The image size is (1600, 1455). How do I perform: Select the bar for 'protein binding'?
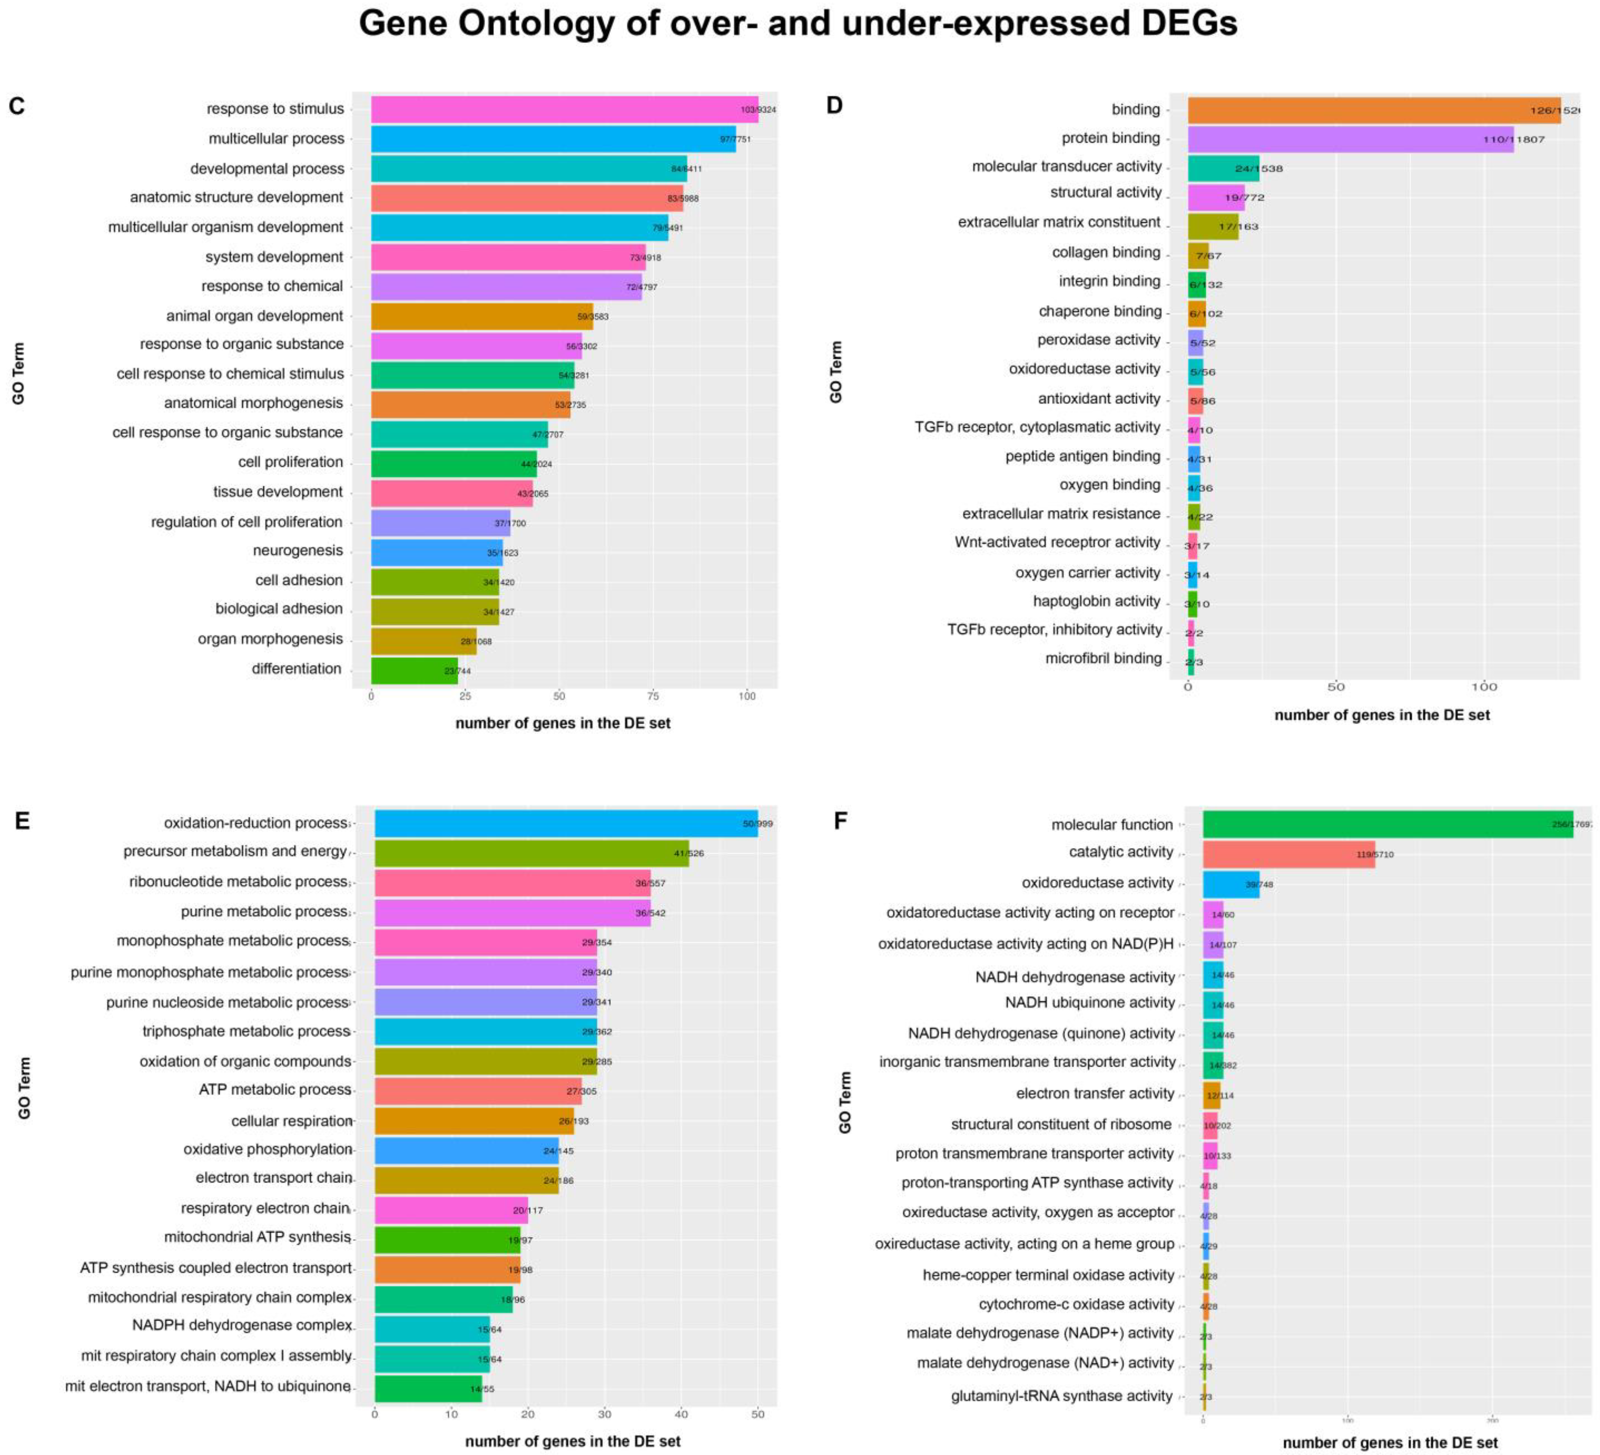click(1349, 139)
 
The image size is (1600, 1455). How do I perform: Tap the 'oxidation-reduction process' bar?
click(565, 823)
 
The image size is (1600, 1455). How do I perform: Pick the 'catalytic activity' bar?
click(1288, 854)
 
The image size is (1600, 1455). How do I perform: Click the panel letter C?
click(17, 106)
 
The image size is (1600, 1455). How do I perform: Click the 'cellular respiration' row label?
click(291, 1121)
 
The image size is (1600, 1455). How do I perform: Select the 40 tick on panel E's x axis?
click(681, 1414)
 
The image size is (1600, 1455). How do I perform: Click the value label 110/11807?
click(1514, 140)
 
